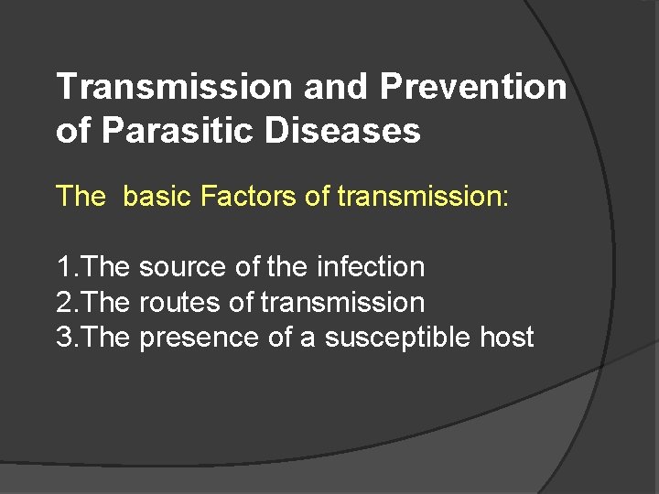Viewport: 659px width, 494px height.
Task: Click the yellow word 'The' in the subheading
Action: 81,196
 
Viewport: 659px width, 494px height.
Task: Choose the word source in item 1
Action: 183,267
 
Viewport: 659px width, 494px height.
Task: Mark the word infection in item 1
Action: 370,267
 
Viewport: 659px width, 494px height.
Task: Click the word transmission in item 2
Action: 343,302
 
